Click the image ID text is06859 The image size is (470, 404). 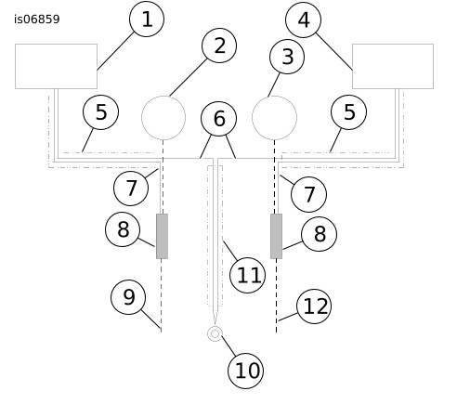pos(37,20)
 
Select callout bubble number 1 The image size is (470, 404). pos(147,20)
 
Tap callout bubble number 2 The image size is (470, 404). pos(219,46)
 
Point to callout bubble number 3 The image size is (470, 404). pos(287,57)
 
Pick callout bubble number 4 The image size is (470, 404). pos(303,20)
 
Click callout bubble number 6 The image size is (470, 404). pos(219,119)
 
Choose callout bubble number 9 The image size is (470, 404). pos(128,297)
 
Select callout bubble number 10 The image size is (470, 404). pos(245,371)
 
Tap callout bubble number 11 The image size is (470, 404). pos(247,275)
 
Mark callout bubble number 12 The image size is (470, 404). pos(314,306)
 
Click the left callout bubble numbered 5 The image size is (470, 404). pos(100,112)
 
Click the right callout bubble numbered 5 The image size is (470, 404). pos(348,112)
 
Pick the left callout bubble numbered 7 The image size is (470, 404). pos(131,189)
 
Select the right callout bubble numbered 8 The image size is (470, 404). pos(319,234)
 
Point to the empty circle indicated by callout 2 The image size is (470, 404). pos(163,97)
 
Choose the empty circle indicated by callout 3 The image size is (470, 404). pos(274,97)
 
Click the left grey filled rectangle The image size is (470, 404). pos(162,236)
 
